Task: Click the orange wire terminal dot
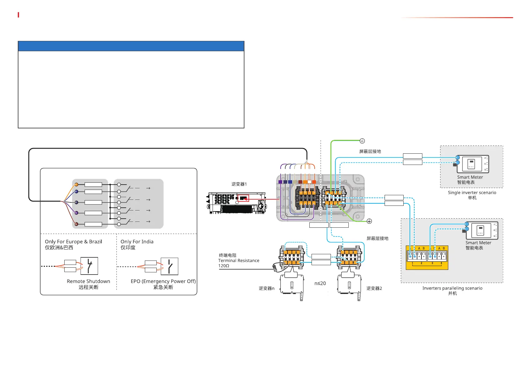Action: tap(76, 185)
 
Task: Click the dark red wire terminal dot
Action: tap(76, 224)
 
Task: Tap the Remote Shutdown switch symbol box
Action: tap(89, 266)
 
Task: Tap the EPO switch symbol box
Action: tap(170, 266)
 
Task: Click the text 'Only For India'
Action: tap(137, 242)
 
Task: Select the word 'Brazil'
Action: tap(96, 242)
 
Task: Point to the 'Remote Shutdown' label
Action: tap(88, 281)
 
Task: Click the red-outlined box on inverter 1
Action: tap(243, 198)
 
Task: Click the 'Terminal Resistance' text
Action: tap(239, 260)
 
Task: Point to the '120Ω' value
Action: tap(224, 266)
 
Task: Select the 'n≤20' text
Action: tap(320, 283)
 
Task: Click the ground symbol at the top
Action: tap(362, 141)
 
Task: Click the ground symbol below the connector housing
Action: tap(369, 221)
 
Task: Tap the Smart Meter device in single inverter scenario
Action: tap(473, 164)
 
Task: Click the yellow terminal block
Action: tap(427, 258)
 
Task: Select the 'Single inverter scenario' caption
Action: tap(472, 193)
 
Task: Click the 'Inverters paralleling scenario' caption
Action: tap(452, 288)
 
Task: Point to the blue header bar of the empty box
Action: tap(131, 46)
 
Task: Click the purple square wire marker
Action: tap(280, 182)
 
